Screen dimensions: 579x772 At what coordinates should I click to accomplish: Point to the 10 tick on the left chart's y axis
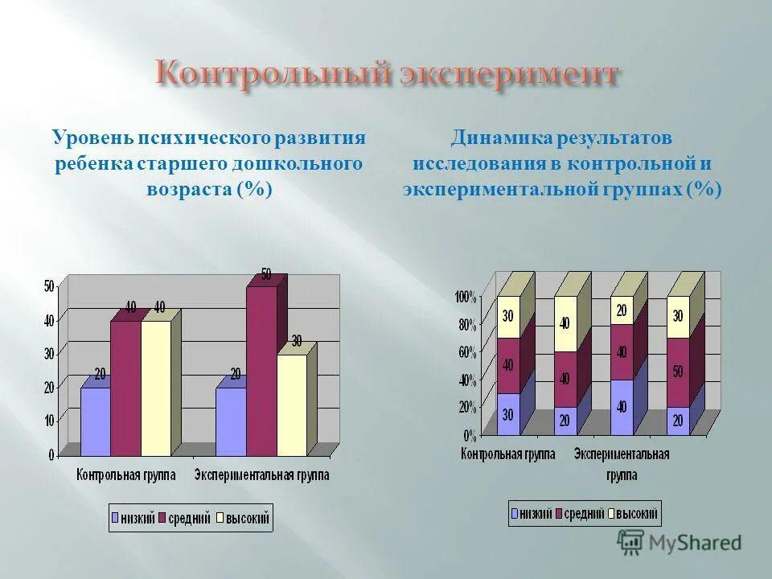coord(49,420)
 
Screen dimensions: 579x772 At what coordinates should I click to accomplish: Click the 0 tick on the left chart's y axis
coord(51,454)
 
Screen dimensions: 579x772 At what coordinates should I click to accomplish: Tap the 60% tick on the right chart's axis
coord(467,351)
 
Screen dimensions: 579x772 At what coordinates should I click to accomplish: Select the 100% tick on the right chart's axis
coord(466,297)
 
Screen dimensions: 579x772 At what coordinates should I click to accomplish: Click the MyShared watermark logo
coord(680,543)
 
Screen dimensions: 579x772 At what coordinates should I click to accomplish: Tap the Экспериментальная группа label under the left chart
coord(261,474)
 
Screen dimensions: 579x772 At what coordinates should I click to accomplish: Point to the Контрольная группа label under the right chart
coord(508,454)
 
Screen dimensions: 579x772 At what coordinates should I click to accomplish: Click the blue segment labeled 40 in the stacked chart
coord(622,407)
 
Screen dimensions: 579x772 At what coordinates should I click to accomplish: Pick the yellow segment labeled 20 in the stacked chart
coord(622,310)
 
